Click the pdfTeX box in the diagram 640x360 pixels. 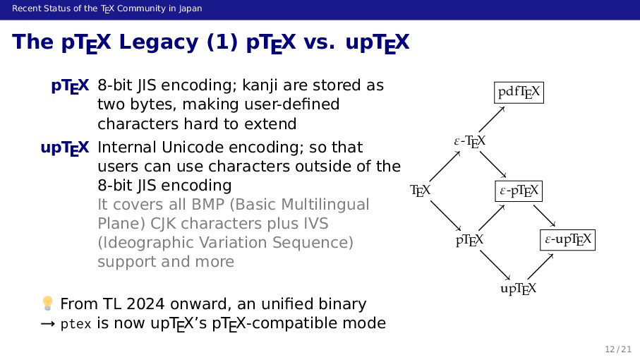tap(519, 92)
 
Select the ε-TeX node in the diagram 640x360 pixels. tap(469, 142)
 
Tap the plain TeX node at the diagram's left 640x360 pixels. tap(421, 191)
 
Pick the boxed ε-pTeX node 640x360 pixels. tap(519, 191)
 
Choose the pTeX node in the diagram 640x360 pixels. tap(469, 240)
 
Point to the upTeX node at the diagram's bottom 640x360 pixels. tap(519, 289)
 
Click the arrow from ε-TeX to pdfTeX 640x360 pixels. tap(495, 118)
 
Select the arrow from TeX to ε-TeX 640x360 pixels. tap(444, 167)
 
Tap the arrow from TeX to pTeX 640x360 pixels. tap(445, 215)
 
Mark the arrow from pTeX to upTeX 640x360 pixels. tap(494, 265)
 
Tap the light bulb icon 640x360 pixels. tap(47, 304)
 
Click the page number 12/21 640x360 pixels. tap(617, 349)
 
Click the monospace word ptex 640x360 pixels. tap(75, 324)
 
